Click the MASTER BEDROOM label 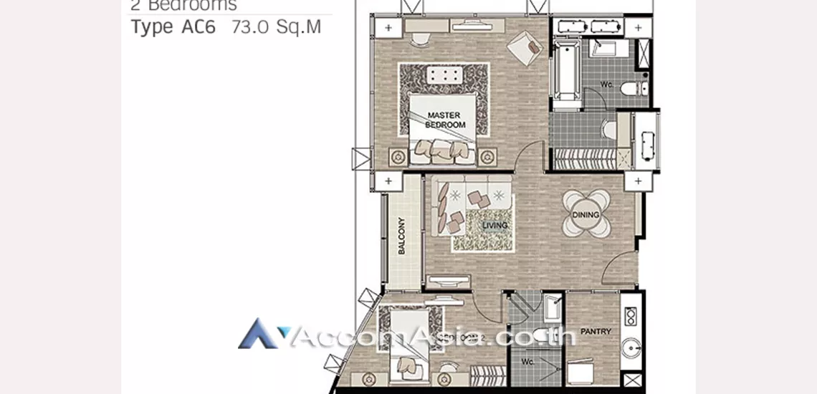point(445,120)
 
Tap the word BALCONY point(401,236)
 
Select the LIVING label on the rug point(494,226)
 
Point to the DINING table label point(586,215)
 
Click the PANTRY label point(596,332)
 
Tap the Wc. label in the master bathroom point(606,86)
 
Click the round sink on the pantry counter point(631,349)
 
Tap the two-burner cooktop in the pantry point(631,316)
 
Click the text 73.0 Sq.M point(277,27)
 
